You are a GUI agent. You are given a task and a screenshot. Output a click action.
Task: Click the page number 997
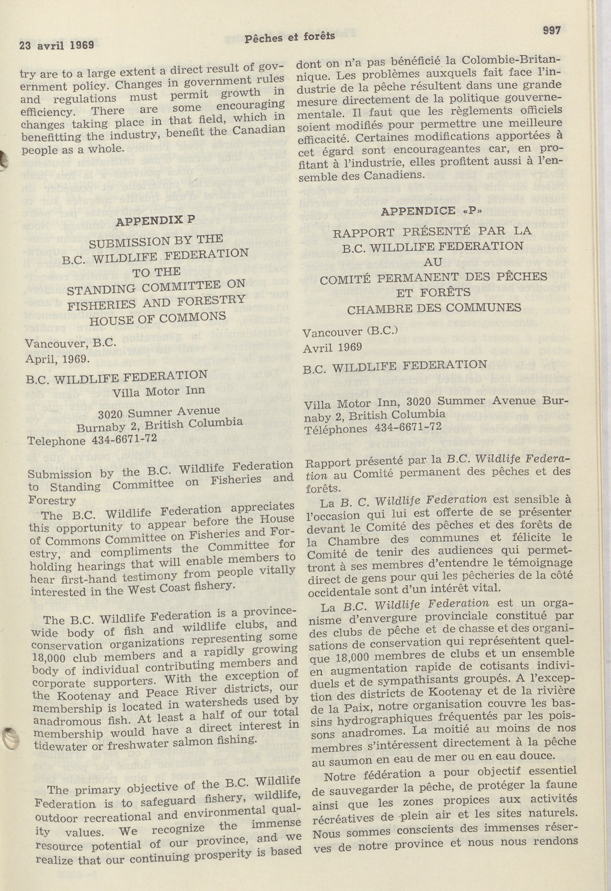[x=552, y=31]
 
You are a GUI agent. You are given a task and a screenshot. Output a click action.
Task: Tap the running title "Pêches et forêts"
[x=290, y=37]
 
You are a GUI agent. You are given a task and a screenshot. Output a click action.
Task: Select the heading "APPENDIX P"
[x=156, y=221]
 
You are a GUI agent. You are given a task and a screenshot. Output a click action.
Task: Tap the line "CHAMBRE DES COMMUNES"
[x=434, y=308]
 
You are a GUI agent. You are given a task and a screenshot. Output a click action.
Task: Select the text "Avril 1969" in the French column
[x=332, y=348]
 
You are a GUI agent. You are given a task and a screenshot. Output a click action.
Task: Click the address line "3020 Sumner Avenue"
[x=159, y=412]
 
